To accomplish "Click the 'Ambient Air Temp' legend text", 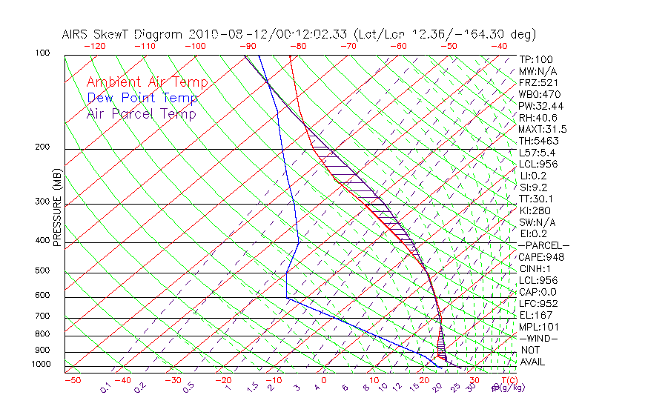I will point(147,82).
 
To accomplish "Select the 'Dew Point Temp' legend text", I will point(142,98).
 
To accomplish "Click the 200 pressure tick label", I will point(42,147).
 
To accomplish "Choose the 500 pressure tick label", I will point(42,271).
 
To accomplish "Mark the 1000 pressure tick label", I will point(40,365).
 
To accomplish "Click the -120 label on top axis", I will point(95,46).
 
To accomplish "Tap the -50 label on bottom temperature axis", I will point(72,380).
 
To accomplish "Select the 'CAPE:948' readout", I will point(541,257).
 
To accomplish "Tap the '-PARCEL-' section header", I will point(543,245).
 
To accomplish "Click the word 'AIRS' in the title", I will point(76,34).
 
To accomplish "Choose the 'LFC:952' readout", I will point(538,304).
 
